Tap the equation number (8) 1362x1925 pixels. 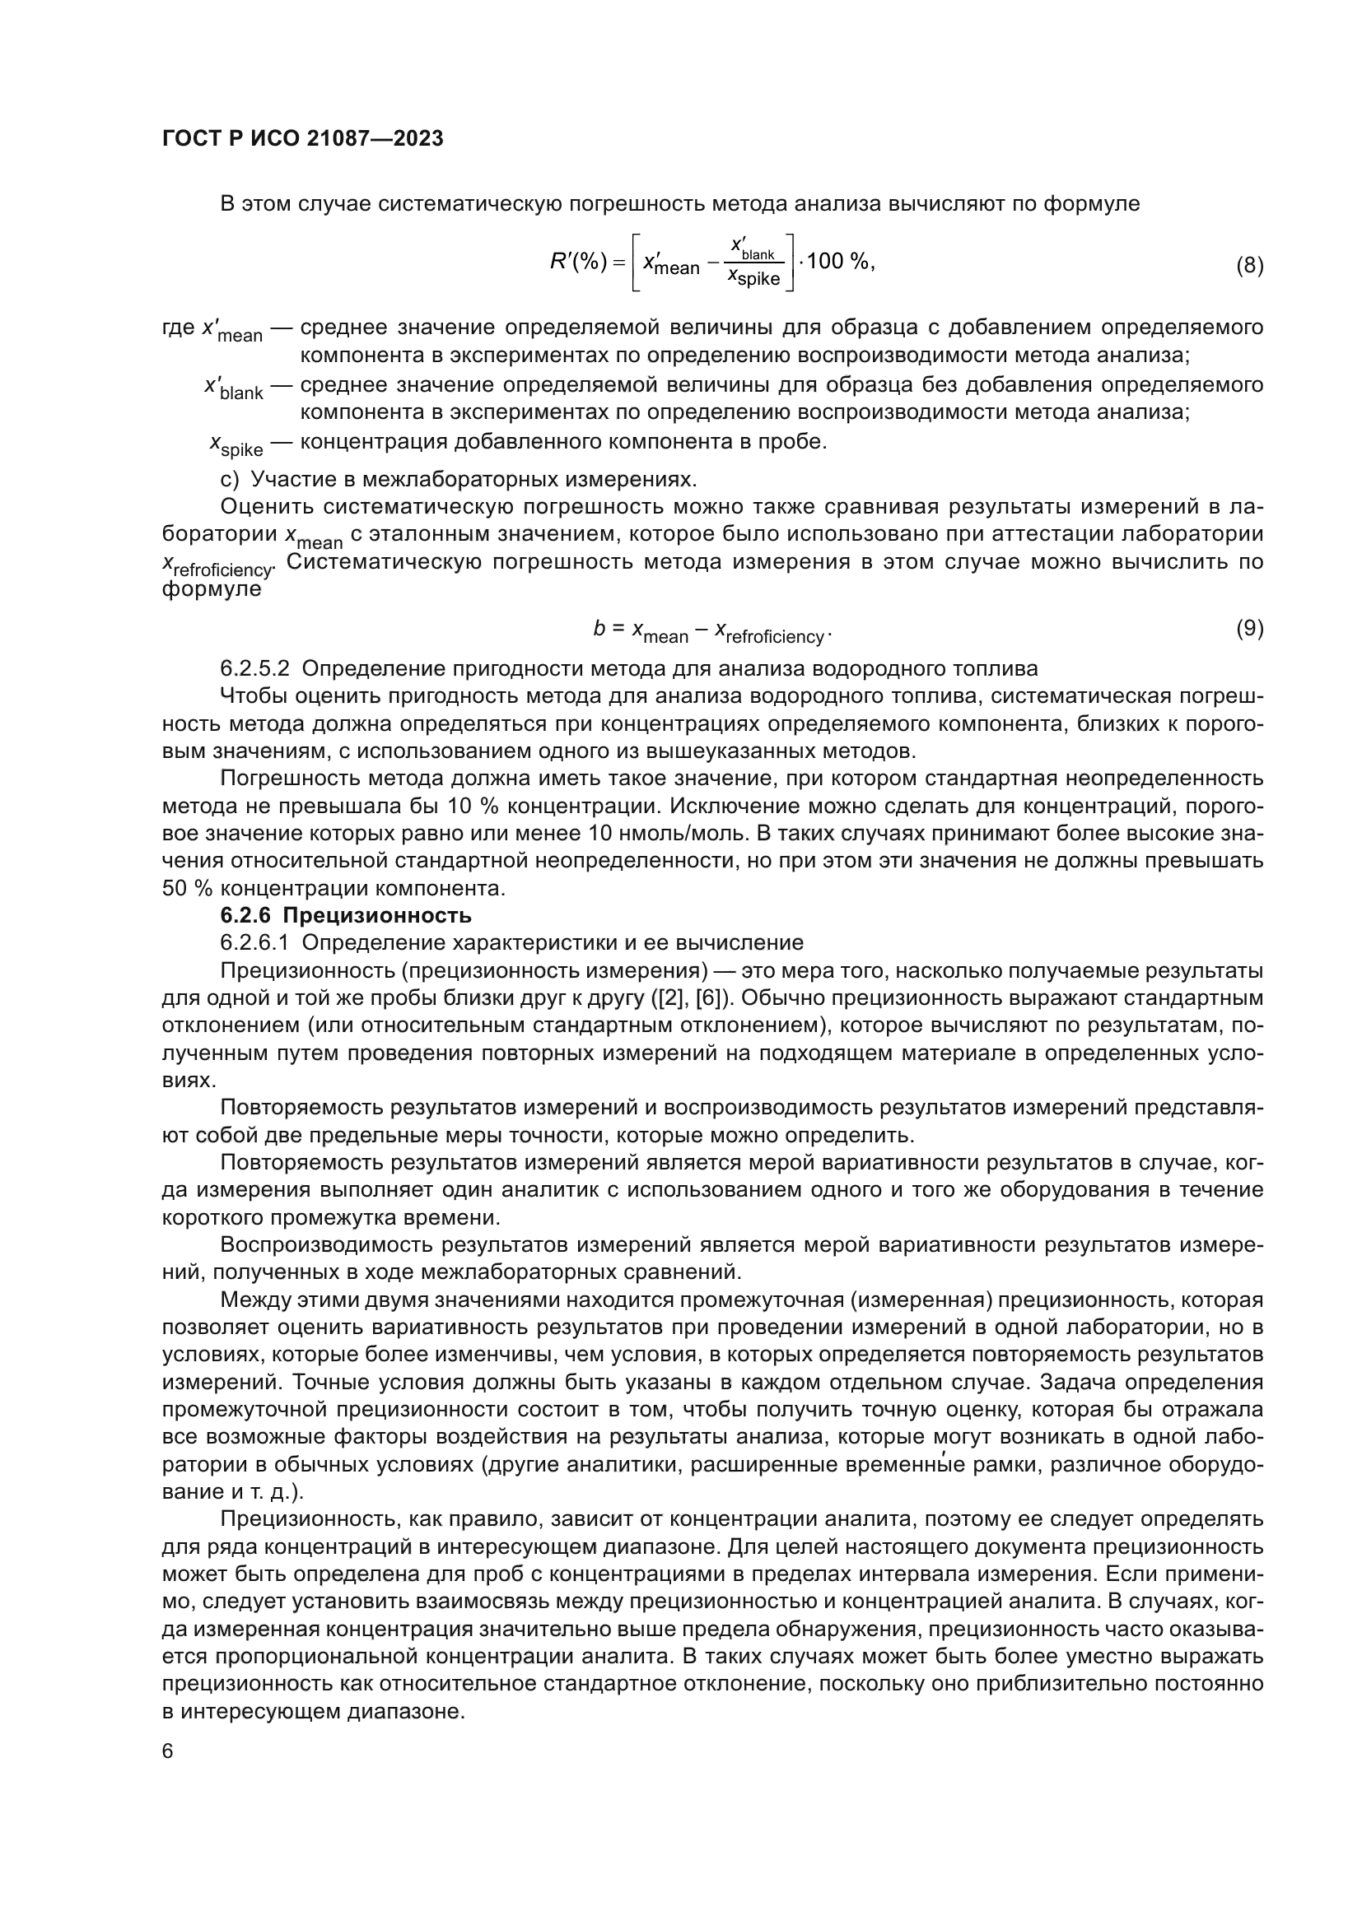(1249, 266)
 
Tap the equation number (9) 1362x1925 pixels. (1249, 628)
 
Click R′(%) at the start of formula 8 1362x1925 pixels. (578, 263)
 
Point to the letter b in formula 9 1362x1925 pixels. (599, 628)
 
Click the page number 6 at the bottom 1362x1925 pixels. (168, 1751)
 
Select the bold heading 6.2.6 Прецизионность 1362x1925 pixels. (346, 914)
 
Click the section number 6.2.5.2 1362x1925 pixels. (254, 668)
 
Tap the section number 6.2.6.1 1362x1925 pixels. (254, 942)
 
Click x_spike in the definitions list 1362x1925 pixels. (236, 444)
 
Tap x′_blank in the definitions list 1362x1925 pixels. (233, 388)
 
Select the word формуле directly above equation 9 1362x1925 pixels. (211, 588)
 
